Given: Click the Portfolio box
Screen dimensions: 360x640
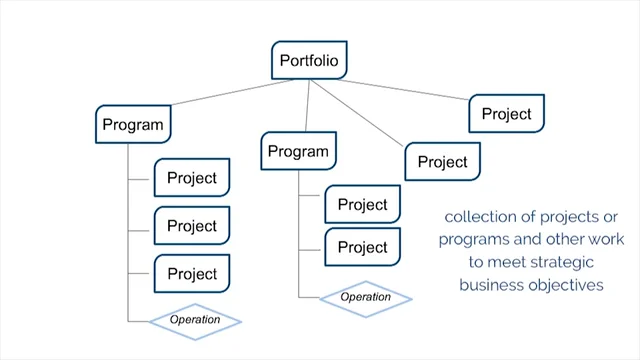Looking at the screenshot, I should click(309, 61).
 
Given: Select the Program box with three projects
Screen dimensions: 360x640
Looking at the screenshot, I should click(133, 126).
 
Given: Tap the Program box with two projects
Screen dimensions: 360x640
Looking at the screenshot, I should click(299, 152).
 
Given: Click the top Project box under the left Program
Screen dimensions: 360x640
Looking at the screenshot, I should click(192, 178).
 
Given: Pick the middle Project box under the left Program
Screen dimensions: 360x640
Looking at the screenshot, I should click(192, 226).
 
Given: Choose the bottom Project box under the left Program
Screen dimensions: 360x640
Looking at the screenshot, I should click(192, 274).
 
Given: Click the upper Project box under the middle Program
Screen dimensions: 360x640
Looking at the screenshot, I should click(362, 205).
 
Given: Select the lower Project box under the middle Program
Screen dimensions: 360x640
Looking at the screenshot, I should click(362, 247).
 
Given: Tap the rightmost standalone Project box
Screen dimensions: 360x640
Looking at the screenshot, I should click(506, 114).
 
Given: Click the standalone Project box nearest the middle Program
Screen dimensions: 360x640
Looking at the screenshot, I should click(442, 161).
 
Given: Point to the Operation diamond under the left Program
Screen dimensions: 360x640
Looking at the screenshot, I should click(196, 320).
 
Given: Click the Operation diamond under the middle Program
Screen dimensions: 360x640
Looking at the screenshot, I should click(365, 297).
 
